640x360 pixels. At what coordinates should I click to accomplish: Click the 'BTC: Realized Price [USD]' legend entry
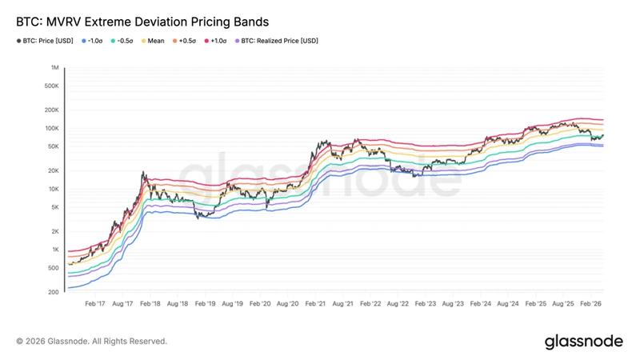pyautogui.click(x=278, y=40)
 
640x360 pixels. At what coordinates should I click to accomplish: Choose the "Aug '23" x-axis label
pyautogui.click(x=454, y=305)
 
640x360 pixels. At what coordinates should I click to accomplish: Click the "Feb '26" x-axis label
pyautogui.click(x=591, y=305)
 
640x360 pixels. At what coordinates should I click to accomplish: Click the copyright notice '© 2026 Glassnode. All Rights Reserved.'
pyautogui.click(x=91, y=341)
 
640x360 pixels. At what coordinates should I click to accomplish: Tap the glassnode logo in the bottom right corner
pyautogui.click(x=583, y=341)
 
